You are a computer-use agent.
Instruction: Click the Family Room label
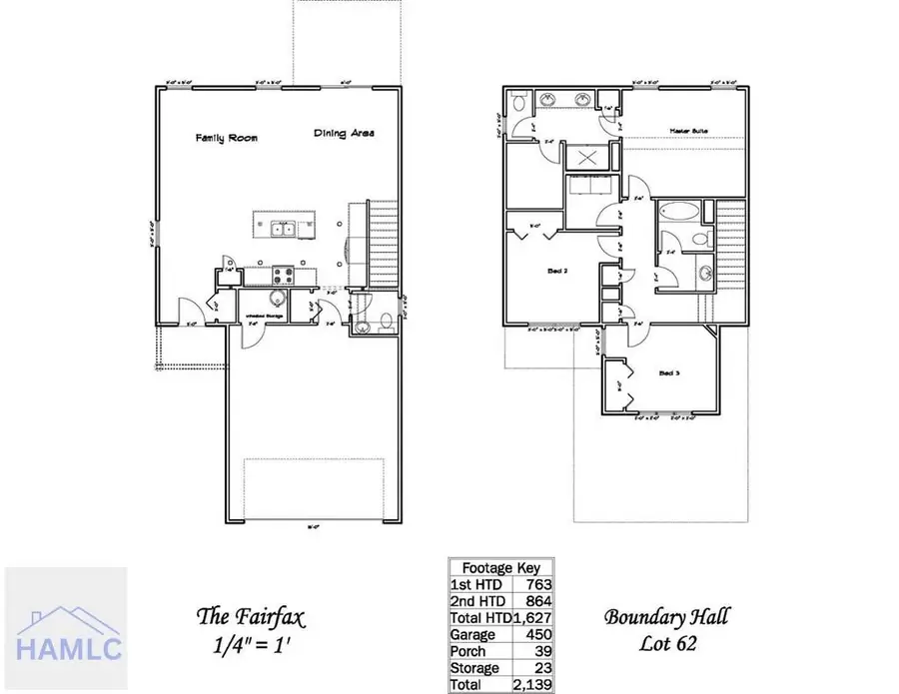(226, 138)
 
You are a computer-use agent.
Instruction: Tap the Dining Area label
(344, 133)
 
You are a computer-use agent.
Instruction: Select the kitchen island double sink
(282, 229)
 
